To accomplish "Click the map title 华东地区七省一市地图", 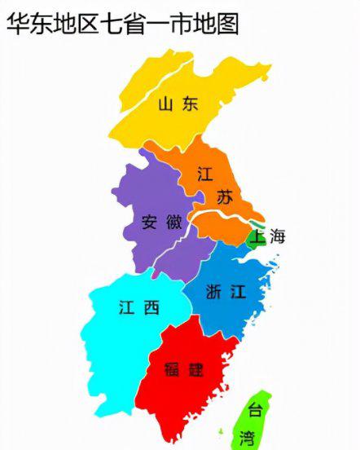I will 123,24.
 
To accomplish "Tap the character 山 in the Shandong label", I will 165,104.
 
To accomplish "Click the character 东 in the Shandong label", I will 190,104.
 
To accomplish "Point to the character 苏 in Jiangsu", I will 225,196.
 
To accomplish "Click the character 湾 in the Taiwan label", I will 247,439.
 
